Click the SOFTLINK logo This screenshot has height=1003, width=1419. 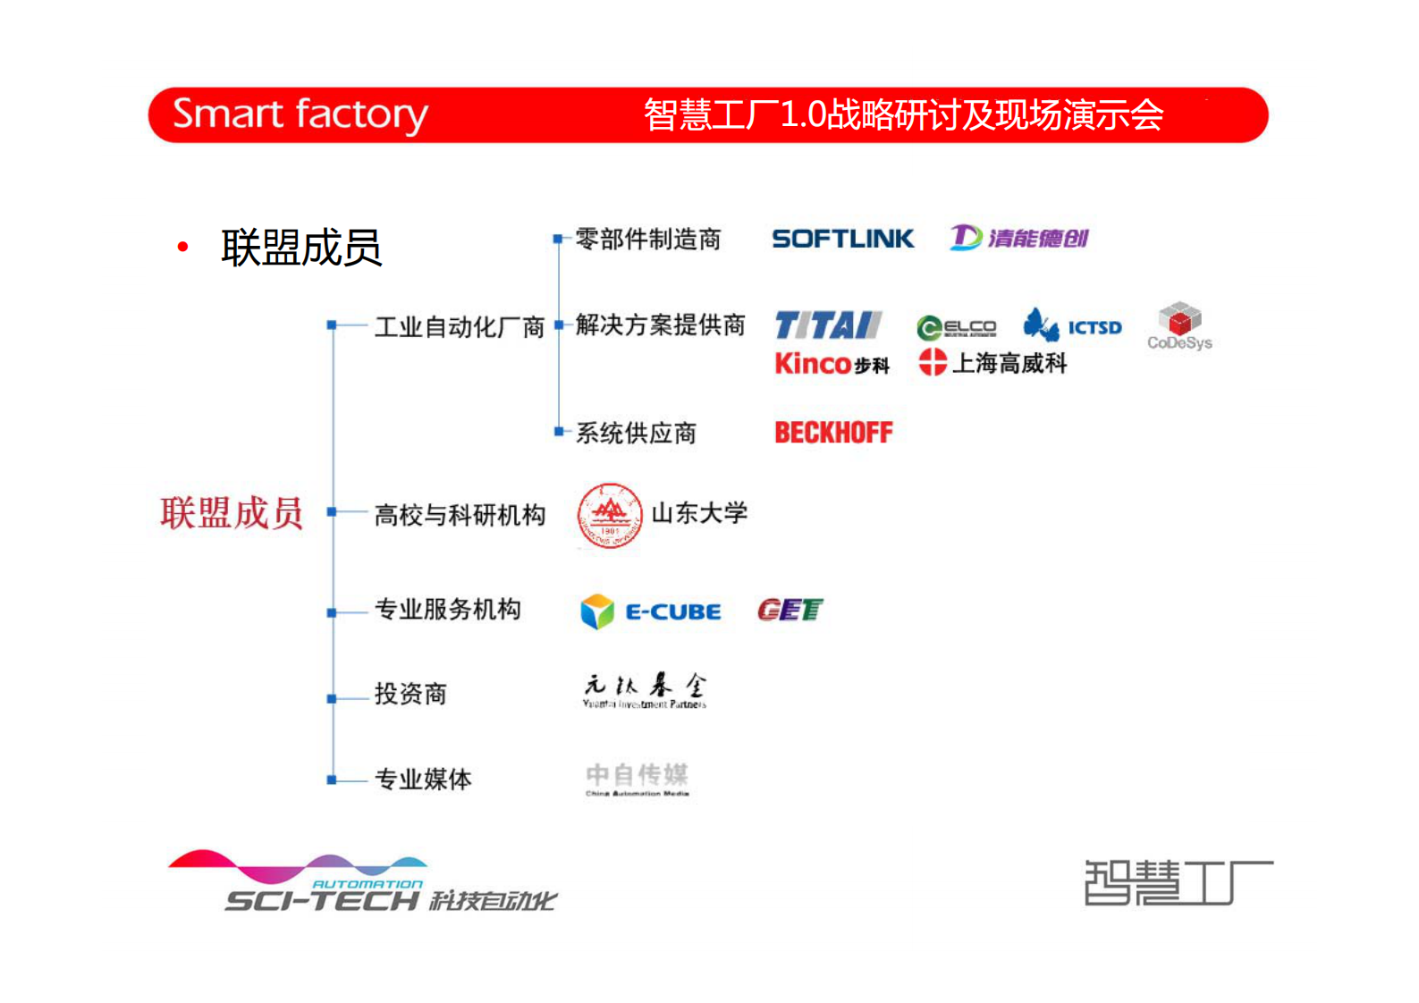click(x=842, y=239)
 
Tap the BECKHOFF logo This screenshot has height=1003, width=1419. click(x=833, y=433)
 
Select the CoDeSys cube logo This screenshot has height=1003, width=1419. click(x=1179, y=325)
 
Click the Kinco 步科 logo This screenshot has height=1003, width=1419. click(x=832, y=364)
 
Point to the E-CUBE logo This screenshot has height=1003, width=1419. click(x=651, y=611)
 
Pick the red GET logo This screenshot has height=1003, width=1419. click(x=790, y=611)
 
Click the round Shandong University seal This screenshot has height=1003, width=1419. click(x=610, y=515)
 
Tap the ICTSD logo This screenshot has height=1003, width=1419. click(x=1072, y=326)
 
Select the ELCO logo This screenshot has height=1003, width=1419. click(x=956, y=328)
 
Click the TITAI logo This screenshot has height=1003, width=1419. click(x=828, y=325)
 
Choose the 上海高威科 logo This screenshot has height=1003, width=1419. click(x=992, y=363)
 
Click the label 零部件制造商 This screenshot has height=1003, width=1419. click(x=647, y=240)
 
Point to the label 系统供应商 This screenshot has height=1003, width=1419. click(x=636, y=434)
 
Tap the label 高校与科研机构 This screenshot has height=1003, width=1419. click(x=460, y=516)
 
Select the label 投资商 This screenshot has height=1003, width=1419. click(x=410, y=694)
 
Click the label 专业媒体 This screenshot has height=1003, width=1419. click(x=422, y=780)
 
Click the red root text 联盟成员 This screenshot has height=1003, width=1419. click(x=232, y=514)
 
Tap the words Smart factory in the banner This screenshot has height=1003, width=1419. click(x=300, y=114)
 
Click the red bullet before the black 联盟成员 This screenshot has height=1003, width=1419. click(x=183, y=248)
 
